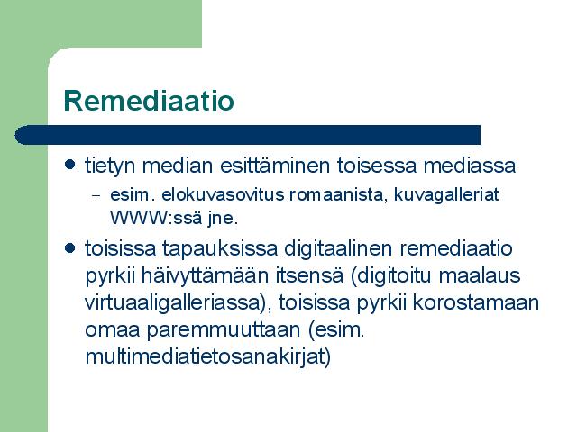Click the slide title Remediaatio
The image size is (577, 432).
pos(149,101)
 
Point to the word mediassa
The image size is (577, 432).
pos(470,166)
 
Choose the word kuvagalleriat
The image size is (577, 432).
pos(446,195)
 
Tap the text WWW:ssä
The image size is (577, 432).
pos(156,218)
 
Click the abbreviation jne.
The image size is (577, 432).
pos(223,219)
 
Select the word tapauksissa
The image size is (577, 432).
pos(220,249)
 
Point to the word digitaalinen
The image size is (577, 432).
pos(339,248)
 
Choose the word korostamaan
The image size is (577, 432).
pos(475,302)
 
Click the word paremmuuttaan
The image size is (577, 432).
pos(224,330)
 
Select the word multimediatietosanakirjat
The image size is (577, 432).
pos(207,356)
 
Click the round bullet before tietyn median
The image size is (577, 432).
pos(70,164)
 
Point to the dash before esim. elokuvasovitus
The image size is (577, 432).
pos(96,196)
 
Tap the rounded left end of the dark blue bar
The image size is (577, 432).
pos(18,135)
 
